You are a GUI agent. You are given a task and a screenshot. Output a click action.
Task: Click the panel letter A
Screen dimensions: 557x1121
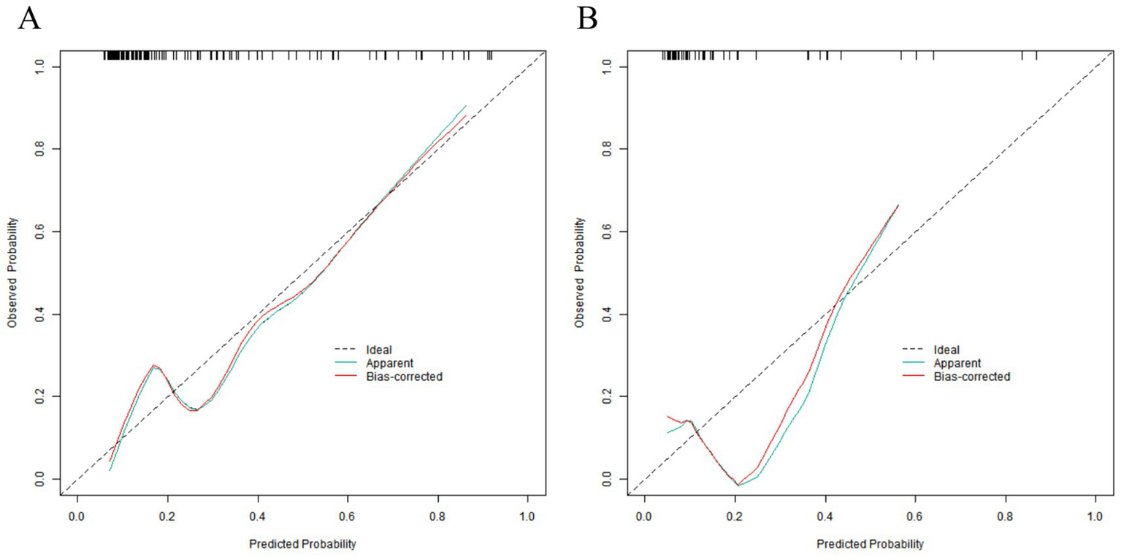point(28,18)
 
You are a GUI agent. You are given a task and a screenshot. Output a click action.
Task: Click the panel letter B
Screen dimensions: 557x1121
point(587,18)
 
